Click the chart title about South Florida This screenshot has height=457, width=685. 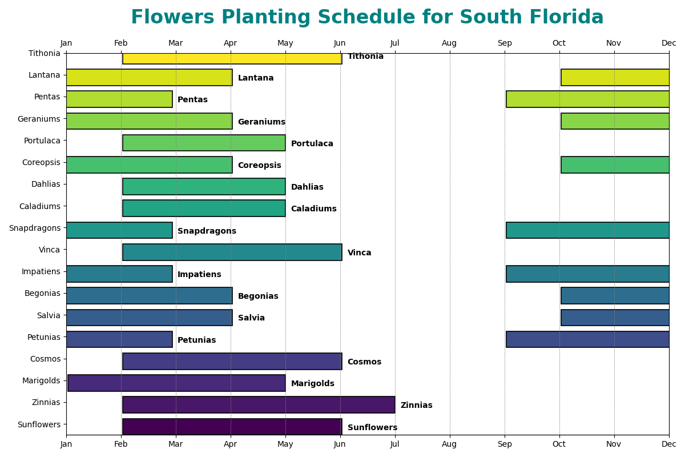click(x=367, y=18)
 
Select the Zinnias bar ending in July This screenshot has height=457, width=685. click(x=259, y=405)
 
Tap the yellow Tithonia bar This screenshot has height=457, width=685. click(x=232, y=58)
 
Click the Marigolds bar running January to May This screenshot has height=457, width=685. click(x=176, y=383)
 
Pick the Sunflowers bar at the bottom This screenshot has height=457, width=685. click(x=232, y=427)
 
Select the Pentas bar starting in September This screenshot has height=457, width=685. click(x=587, y=99)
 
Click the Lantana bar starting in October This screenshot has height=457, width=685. click(x=615, y=78)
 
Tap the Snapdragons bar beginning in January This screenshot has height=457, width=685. click(x=119, y=230)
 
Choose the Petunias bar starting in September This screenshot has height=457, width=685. click(x=587, y=339)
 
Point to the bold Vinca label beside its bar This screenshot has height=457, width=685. click(x=359, y=253)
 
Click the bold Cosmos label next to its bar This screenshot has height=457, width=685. click(x=364, y=362)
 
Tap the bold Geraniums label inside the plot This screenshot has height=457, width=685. click(x=261, y=122)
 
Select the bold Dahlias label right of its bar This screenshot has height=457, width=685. click(x=307, y=187)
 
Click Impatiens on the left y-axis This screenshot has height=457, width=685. click(x=41, y=272)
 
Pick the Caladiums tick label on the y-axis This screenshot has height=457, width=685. click(x=39, y=206)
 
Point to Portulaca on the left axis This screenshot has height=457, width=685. click(x=42, y=141)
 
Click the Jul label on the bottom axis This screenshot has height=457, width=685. click(x=394, y=444)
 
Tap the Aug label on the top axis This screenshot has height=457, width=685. click(x=449, y=43)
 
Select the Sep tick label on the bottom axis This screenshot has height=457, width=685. click(x=505, y=444)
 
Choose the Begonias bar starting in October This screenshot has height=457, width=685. click(x=615, y=296)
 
